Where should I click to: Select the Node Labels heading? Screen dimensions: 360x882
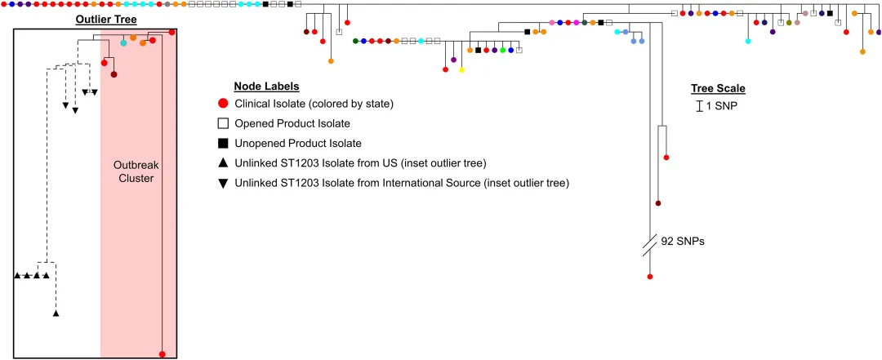tap(266, 87)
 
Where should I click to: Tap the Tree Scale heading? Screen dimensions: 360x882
tap(718, 89)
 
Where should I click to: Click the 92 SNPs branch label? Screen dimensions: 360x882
tap(684, 242)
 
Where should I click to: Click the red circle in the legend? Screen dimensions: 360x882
tap(222, 104)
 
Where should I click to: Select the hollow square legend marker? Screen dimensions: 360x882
tap(222, 123)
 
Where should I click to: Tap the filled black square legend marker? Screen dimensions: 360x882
tap(222, 143)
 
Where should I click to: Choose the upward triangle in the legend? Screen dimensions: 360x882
tap(222, 163)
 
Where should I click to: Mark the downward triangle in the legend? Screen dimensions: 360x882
tap(222, 183)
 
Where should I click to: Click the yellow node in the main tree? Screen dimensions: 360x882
tap(461, 70)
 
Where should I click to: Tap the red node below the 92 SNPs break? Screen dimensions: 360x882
tap(650, 277)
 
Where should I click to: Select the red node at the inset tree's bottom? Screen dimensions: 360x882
tap(163, 353)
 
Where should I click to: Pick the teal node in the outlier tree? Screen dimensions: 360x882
tap(123, 43)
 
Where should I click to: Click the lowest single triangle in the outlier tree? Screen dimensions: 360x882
tap(56, 313)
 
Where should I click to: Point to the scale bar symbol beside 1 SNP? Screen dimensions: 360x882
tap(699, 106)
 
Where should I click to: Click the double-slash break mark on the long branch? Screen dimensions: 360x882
tap(650, 245)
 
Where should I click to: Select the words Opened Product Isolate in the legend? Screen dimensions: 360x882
tap(292, 123)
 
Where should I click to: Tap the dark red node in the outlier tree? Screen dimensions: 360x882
tap(114, 74)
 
